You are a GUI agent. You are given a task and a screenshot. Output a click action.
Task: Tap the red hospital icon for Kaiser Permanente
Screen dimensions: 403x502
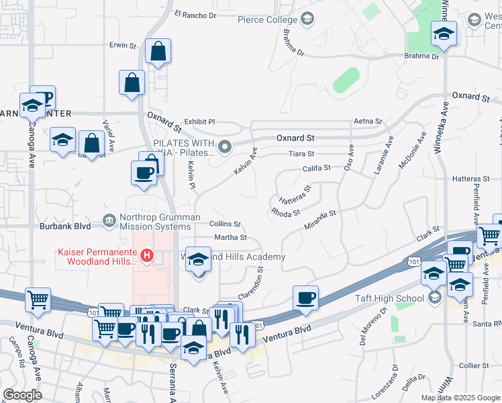(x=146, y=256)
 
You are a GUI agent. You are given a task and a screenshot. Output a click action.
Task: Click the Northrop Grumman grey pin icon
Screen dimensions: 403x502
(x=108, y=220)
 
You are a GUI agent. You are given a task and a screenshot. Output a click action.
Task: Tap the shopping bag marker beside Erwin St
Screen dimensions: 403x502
(x=158, y=52)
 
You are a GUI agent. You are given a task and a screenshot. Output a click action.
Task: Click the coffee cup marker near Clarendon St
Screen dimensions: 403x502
(x=305, y=297)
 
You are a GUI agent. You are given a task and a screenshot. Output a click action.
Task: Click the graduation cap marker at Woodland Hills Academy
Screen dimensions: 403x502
(x=198, y=260)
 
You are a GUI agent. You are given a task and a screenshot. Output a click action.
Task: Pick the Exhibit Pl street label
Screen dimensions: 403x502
(x=199, y=122)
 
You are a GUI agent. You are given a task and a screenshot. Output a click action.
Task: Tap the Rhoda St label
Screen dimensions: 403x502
(x=285, y=213)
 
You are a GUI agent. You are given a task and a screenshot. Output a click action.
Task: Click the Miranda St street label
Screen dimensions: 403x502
(x=319, y=218)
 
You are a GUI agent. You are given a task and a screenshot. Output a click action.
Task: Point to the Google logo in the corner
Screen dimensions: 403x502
(x=22, y=395)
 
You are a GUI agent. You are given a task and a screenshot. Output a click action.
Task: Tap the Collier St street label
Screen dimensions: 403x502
(x=475, y=365)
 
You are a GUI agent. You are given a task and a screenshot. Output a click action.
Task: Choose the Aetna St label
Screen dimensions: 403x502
(x=368, y=122)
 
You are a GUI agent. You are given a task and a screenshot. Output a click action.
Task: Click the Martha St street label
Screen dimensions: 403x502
(x=230, y=237)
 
